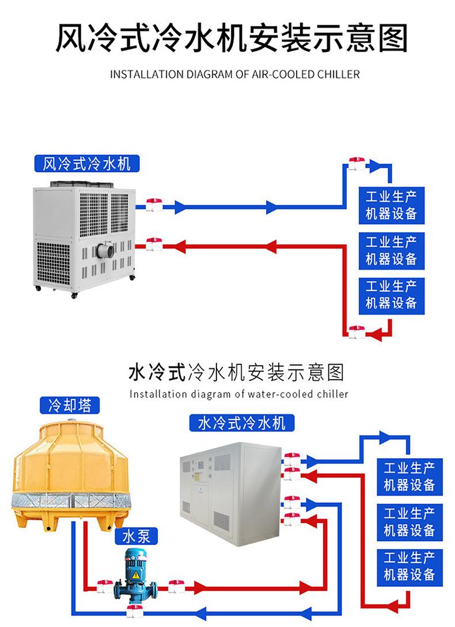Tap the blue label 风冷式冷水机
87,164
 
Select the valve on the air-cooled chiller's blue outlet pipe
154,205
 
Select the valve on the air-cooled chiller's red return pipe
154,245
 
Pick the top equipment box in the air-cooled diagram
391,205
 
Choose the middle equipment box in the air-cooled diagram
391,250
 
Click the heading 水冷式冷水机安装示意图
236,372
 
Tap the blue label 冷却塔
70,405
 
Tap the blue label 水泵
136,537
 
